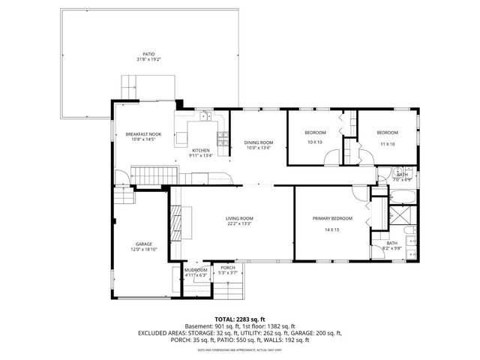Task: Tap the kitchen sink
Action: [x=204, y=115]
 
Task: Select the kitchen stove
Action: [x=222, y=137]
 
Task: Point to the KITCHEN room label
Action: [x=202, y=151]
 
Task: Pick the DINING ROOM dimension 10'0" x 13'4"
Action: [x=259, y=148]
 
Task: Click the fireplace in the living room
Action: [x=177, y=221]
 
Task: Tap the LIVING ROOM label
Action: [x=239, y=217]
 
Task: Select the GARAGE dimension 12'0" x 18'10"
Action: [x=144, y=249]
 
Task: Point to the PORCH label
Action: [x=227, y=268]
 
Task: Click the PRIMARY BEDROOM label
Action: [x=331, y=218]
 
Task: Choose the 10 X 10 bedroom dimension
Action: [x=315, y=142]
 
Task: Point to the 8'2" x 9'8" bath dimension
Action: [x=392, y=249]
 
